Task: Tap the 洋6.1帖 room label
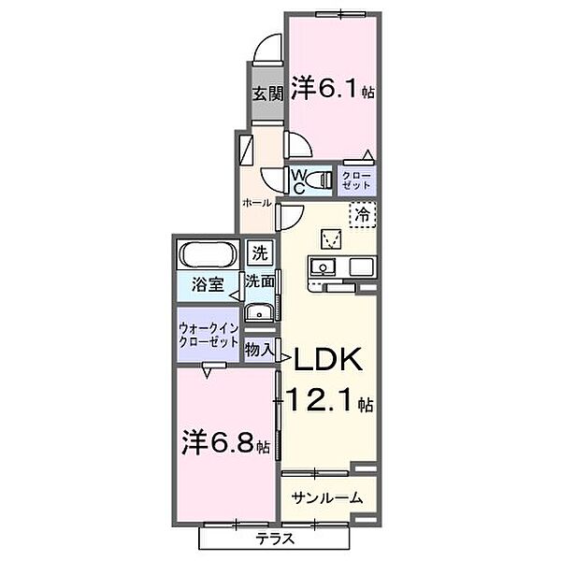332,89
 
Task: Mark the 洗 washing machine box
259,252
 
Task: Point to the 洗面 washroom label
260,280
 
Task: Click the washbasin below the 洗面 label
259,312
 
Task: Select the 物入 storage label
259,350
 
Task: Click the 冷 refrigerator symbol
363,214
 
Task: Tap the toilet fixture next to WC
320,180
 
